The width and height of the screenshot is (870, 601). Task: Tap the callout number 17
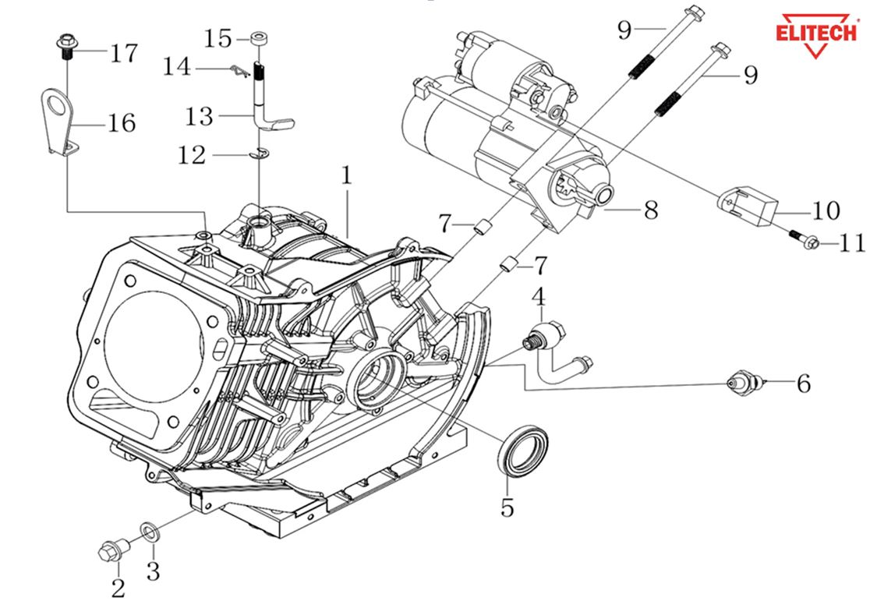(x=124, y=54)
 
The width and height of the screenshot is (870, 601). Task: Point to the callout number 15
(x=219, y=37)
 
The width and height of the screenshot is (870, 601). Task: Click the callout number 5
(x=507, y=508)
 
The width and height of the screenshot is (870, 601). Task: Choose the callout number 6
(x=803, y=384)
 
